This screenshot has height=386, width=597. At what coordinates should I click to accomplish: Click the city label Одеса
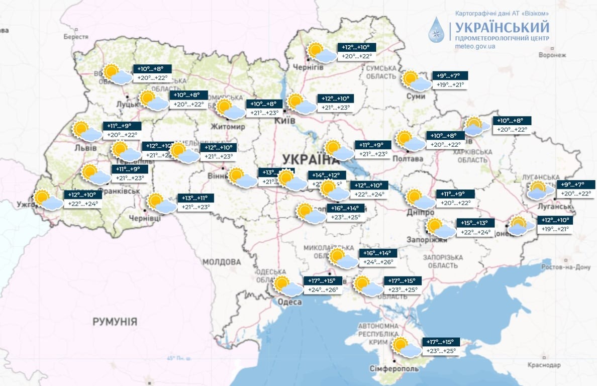(x=289, y=302)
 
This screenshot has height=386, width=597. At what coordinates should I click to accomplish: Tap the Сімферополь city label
(x=394, y=368)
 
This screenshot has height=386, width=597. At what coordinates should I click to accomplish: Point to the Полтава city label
(x=409, y=159)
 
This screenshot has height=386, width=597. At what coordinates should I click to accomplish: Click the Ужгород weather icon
(x=46, y=199)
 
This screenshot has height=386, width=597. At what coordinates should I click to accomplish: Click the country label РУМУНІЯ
(x=115, y=322)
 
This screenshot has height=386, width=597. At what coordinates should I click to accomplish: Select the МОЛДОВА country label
(x=222, y=262)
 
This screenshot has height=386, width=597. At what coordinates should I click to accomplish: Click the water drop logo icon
(x=436, y=30)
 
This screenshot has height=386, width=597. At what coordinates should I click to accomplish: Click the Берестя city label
(x=76, y=37)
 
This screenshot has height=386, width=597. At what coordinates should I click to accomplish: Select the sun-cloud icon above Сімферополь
(x=405, y=347)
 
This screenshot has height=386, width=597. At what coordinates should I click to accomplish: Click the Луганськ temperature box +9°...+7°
(x=576, y=184)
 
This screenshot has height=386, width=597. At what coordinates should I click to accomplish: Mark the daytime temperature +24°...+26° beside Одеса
(x=323, y=289)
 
